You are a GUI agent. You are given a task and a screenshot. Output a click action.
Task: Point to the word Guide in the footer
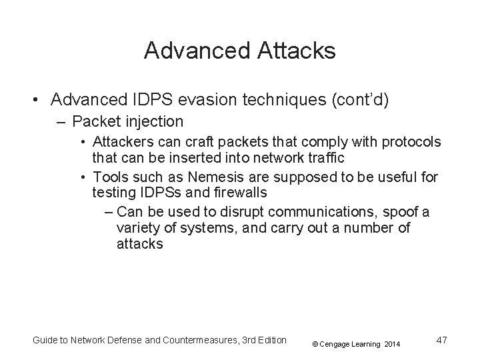coord(46,341)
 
